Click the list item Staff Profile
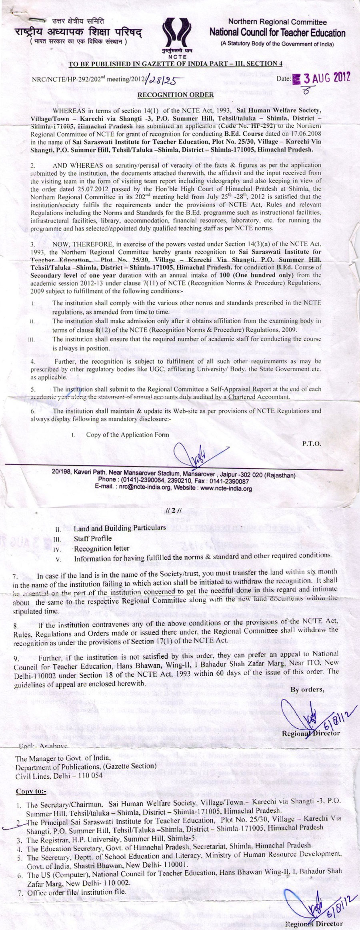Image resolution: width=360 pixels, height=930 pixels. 93,539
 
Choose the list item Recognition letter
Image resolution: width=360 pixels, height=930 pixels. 102,549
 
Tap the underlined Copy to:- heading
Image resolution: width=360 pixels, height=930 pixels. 31,792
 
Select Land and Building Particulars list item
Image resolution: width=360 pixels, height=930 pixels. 120,528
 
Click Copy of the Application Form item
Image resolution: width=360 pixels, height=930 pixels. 128,435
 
